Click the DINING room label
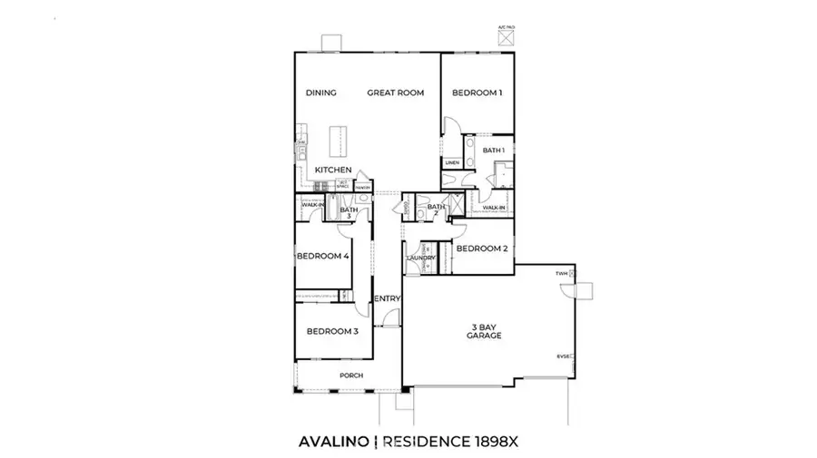[321, 93]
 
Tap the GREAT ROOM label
[396, 93]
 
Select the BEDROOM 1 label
[477, 93]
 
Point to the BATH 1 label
[493, 151]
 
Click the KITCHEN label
[333, 171]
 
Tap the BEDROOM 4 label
[323, 257]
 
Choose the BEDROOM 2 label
[481, 248]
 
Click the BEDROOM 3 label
[332, 332]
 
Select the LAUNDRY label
[422, 258]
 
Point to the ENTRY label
[387, 298]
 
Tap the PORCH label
[351, 375]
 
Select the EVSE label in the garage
[563, 356]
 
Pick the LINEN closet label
[452, 163]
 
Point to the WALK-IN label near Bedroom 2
[494, 209]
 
